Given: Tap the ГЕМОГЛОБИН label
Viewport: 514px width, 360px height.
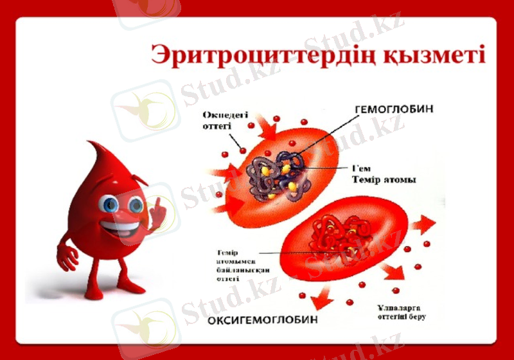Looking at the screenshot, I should pos(393,109).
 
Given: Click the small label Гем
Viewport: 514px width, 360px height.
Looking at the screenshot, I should pos(361,168).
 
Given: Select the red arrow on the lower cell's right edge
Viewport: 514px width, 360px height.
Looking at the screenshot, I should pos(422,224).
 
